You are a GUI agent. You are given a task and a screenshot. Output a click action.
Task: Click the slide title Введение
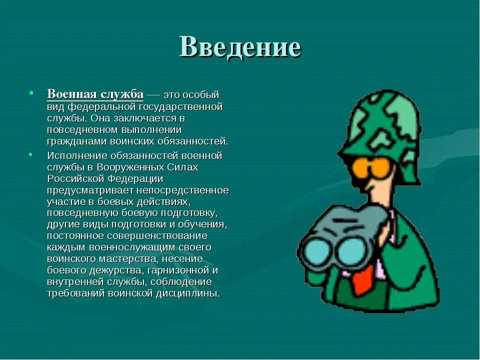click(x=240, y=47)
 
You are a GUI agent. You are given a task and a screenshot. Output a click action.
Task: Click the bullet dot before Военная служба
click(x=31, y=93)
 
